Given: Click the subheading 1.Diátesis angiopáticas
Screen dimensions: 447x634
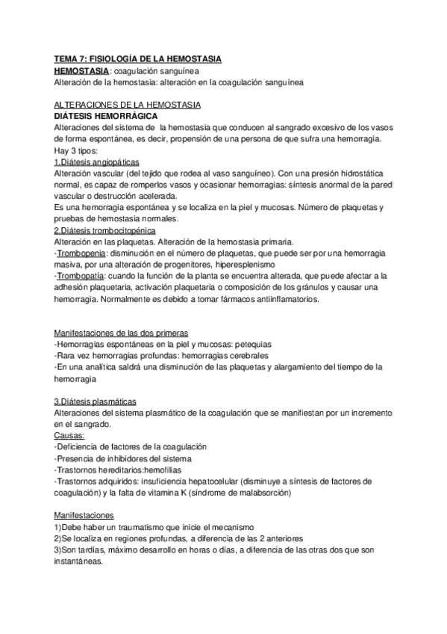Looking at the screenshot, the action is click(96, 163).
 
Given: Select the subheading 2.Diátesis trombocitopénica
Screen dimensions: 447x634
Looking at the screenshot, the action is click(104, 231).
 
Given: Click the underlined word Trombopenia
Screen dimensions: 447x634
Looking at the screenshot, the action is click(81, 253).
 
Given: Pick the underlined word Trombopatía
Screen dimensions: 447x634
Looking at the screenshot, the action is click(80, 277).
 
